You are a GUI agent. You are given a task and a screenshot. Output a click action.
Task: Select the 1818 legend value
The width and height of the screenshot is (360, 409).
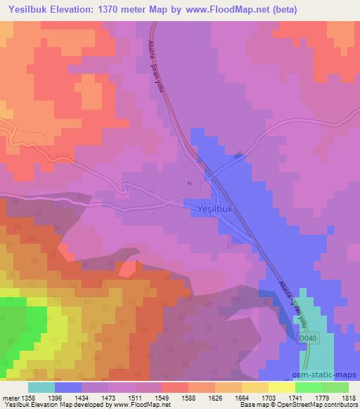(x=348, y=397)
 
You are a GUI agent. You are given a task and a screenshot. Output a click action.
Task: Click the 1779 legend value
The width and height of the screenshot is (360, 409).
(x=321, y=397)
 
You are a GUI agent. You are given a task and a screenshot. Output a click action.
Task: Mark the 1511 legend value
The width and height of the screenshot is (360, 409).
(x=134, y=397)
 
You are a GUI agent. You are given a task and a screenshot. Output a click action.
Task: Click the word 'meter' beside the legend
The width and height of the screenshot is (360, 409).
(x=10, y=397)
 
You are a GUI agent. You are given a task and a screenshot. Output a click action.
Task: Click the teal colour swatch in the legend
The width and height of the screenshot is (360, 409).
(x=41, y=387)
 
